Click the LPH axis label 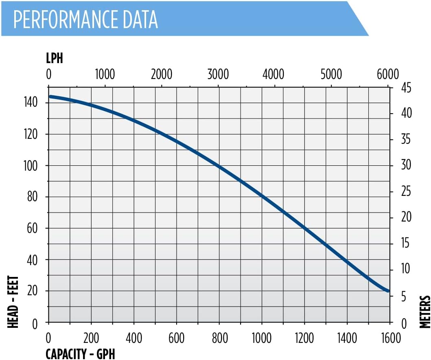(x=54, y=58)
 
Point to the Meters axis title (x=425, y=312)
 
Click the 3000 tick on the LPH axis (x=218, y=75)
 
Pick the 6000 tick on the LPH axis (x=388, y=75)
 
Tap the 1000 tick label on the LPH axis (x=105, y=75)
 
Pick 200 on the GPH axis (x=91, y=338)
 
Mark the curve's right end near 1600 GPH (x=387, y=291)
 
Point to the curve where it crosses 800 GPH (x=219, y=166)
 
